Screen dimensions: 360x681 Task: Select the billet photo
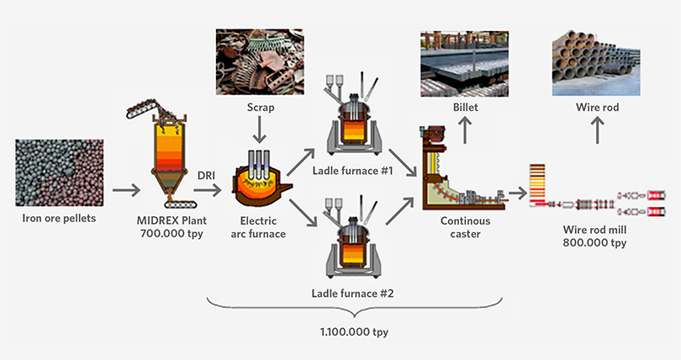[467, 64]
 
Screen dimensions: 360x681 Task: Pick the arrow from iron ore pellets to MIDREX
[127, 191]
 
